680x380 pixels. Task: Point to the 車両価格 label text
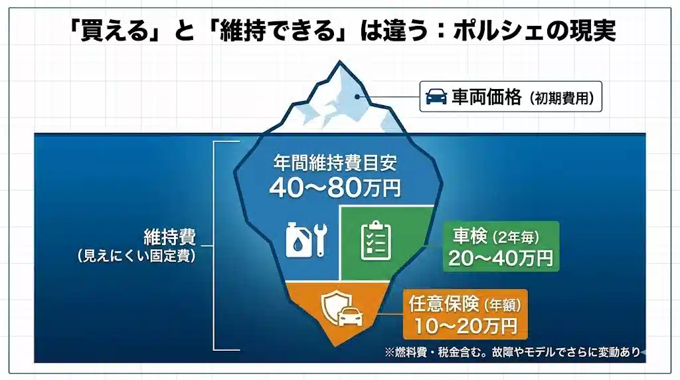point(487,97)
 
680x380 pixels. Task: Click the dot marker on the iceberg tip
point(357,97)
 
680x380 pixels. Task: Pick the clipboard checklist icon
point(376,241)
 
